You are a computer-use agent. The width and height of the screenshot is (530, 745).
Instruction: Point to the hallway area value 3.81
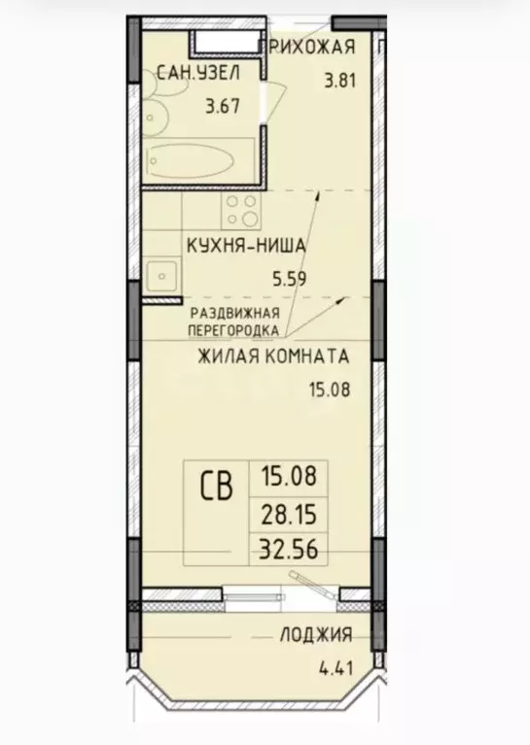click(x=341, y=82)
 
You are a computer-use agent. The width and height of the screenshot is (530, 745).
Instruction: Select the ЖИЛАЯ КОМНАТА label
click(x=272, y=356)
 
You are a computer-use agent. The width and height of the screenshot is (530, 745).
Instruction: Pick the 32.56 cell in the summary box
click(x=289, y=548)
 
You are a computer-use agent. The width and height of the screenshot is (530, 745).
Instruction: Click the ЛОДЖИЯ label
click(x=316, y=635)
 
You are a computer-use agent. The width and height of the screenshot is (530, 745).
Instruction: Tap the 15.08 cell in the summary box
click(x=289, y=477)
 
